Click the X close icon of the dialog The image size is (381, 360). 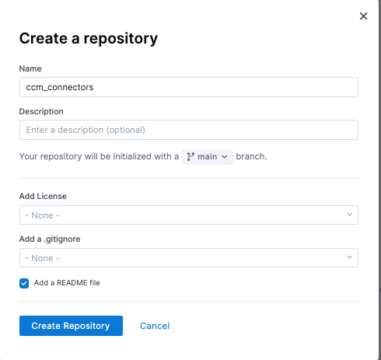tap(363, 16)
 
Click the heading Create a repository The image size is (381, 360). tap(89, 38)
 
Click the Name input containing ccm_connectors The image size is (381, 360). tap(189, 87)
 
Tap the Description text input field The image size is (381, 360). tap(189, 130)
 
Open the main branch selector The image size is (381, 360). tap(207, 157)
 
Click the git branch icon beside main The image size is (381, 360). tap(190, 157)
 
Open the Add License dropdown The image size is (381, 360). tap(189, 215)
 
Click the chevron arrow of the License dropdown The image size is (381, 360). tap(349, 215)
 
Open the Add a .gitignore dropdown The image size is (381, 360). tap(189, 258)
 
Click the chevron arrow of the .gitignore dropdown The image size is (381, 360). tap(349, 257)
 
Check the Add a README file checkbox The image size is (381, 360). tap(24, 283)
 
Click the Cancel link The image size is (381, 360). tap(155, 326)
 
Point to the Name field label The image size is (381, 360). tap(30, 68)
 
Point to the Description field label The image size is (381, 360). tap(41, 111)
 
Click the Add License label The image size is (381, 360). tap(43, 196)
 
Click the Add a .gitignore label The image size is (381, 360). tap(50, 239)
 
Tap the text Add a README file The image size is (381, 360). tap(67, 283)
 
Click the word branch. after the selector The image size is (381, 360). tap(251, 156)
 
